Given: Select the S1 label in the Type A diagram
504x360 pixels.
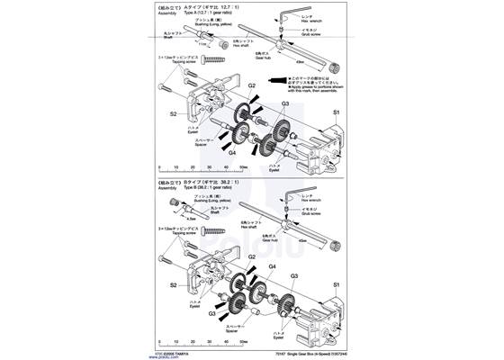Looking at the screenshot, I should point(337,112).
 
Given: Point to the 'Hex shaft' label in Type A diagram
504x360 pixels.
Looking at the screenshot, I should point(267,44).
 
